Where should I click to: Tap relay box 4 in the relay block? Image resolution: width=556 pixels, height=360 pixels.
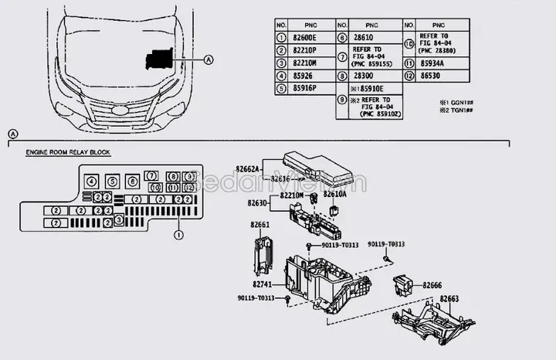92,182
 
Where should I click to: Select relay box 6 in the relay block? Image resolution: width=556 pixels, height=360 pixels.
133,182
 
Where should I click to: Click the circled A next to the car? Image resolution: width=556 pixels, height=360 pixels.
208,59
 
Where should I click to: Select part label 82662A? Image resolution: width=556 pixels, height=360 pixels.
248,168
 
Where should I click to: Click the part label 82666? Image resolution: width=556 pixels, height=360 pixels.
432,285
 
